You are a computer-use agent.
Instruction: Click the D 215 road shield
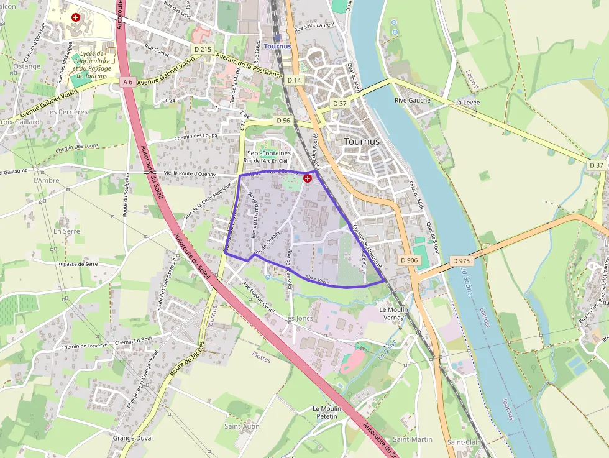[203, 49]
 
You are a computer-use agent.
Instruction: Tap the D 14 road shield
[295, 80]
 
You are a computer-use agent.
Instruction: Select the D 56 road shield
[283, 120]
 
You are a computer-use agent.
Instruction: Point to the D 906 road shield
[409, 260]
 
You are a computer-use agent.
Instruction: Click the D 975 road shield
[461, 261]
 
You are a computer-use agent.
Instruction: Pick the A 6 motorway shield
[127, 81]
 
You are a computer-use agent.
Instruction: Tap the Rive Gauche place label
[412, 100]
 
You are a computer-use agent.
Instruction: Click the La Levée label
[467, 102]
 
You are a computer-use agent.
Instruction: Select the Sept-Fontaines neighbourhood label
[269, 153]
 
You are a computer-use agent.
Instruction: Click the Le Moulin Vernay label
[391, 313]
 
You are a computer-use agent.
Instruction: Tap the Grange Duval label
[133, 438]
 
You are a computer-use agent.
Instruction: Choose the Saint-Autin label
[242, 426]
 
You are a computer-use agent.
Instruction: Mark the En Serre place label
[66, 231]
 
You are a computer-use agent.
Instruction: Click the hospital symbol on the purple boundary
[307, 178]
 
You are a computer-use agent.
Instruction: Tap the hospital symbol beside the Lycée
[76, 17]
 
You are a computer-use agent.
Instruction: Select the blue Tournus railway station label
[277, 46]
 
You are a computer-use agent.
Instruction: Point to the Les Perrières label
[67, 112]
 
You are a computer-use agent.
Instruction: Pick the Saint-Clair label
[464, 442]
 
